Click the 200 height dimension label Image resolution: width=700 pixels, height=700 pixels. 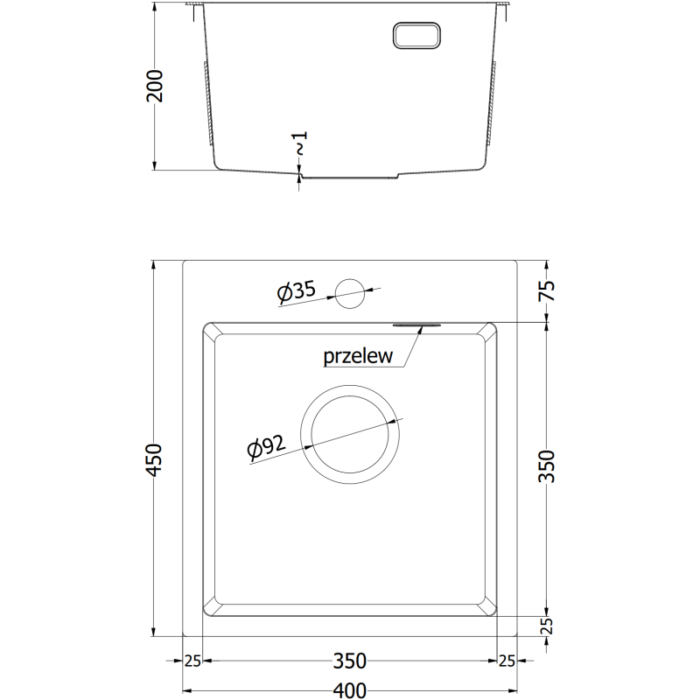tap(155, 86)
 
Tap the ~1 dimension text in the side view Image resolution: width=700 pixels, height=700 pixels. tap(300, 143)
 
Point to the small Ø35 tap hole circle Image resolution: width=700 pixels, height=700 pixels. tap(351, 293)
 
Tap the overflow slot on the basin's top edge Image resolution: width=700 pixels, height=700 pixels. tap(418, 324)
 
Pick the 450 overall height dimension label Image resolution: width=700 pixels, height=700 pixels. tap(155, 460)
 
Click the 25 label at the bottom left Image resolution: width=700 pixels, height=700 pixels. tap(193, 660)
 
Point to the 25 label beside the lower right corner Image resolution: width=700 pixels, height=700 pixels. tap(507, 660)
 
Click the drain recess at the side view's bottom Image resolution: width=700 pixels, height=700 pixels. tap(350, 176)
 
